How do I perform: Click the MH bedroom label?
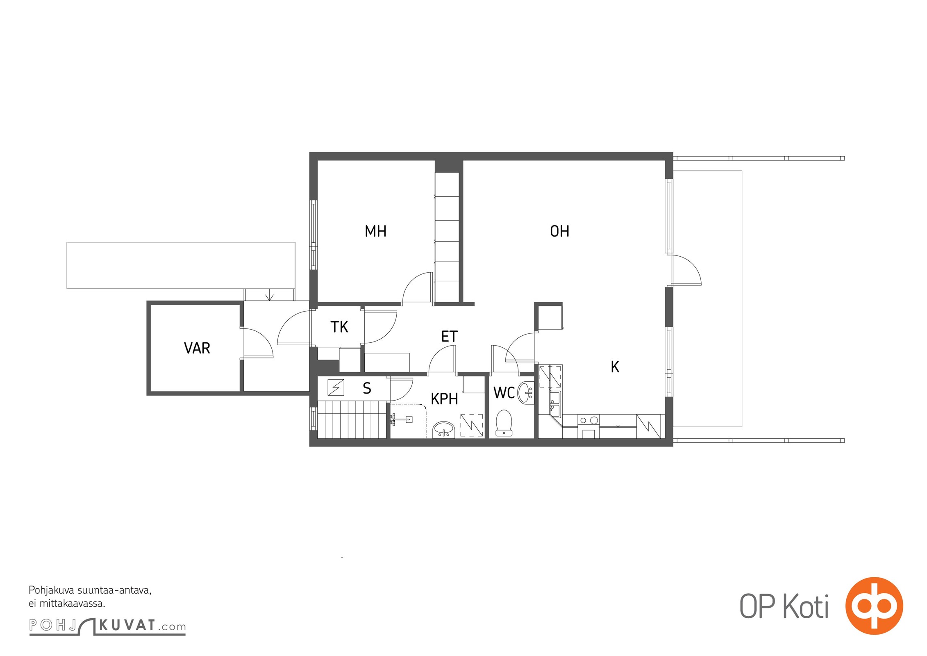pos(375,231)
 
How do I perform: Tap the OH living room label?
pos(559,231)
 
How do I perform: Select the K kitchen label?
pos(615,367)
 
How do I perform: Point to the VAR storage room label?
pos(197,348)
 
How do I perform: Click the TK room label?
pos(339,327)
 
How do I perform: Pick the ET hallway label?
pos(449,337)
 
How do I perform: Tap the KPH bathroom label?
pos(444,399)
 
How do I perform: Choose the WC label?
pos(504,392)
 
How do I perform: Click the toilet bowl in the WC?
pos(504,423)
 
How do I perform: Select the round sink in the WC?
pos(525,393)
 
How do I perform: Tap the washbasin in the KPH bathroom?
pos(443,429)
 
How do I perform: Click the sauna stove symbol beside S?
pos(336,387)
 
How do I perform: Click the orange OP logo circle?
pos(874,606)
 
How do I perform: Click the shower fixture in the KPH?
pos(401,419)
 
